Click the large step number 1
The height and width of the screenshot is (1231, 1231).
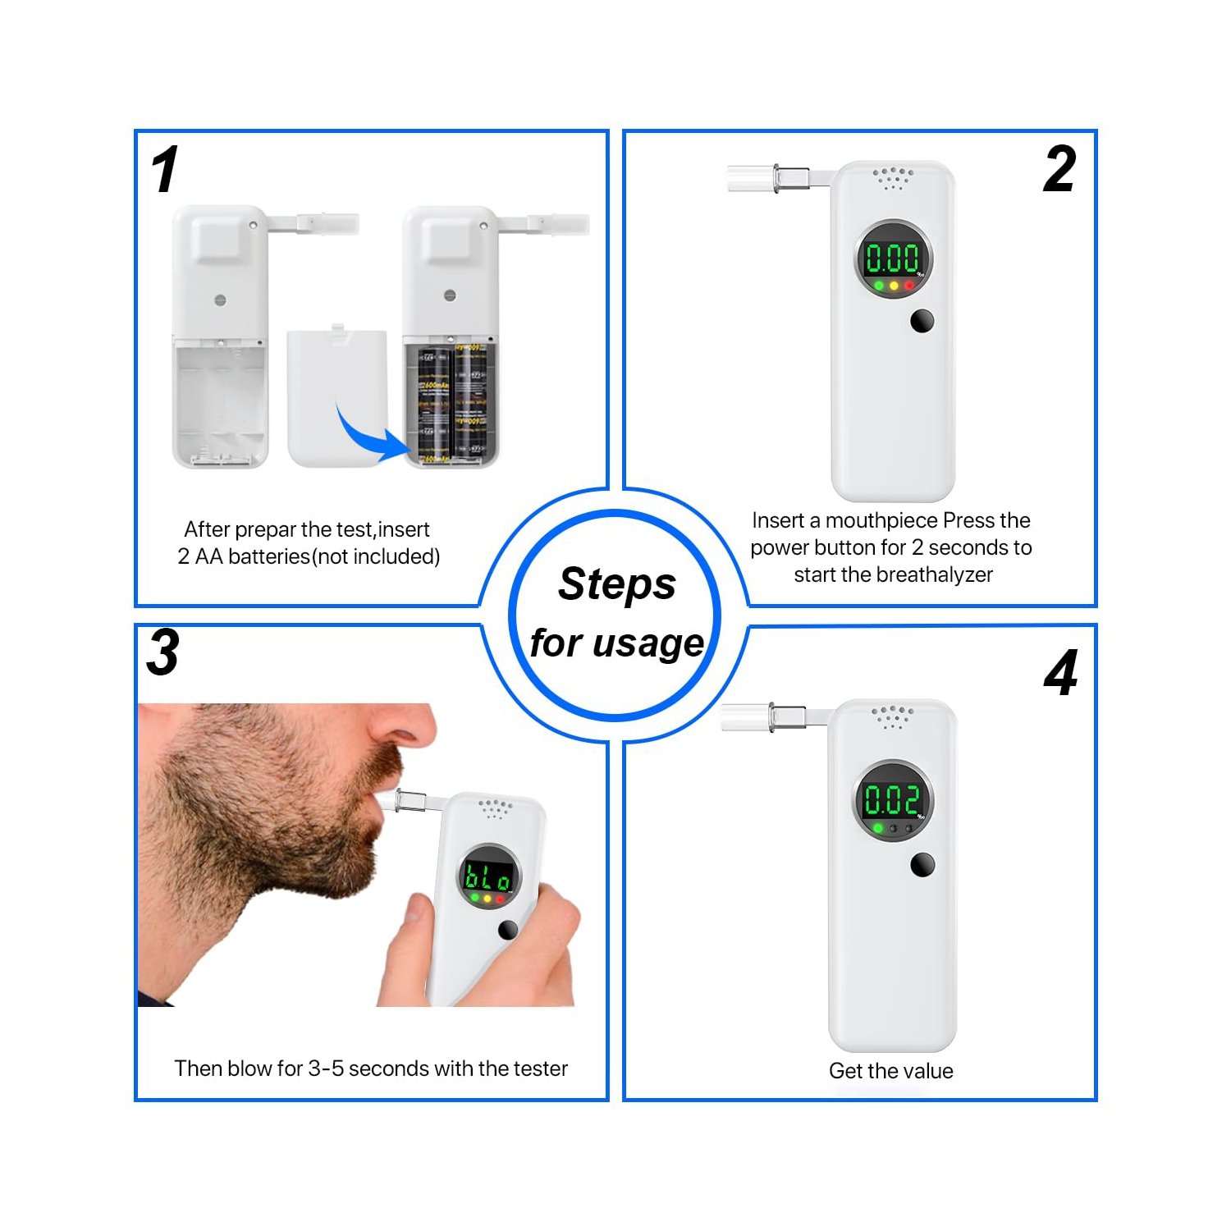point(165,170)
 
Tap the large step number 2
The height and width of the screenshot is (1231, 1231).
point(1059,170)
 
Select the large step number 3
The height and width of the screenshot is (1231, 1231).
point(163,653)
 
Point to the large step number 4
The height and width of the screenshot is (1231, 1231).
point(1060,673)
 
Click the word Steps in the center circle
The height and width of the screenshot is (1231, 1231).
point(617,584)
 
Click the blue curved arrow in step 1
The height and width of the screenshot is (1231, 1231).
point(368,435)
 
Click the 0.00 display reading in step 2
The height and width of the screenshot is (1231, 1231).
point(892,259)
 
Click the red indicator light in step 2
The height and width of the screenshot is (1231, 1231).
point(909,286)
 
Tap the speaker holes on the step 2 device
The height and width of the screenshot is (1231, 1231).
point(893,177)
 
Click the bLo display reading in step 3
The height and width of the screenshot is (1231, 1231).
point(488,876)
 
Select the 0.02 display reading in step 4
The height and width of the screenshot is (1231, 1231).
point(892,799)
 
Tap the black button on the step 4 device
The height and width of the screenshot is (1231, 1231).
point(922,864)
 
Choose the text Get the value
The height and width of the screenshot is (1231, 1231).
point(890,1071)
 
